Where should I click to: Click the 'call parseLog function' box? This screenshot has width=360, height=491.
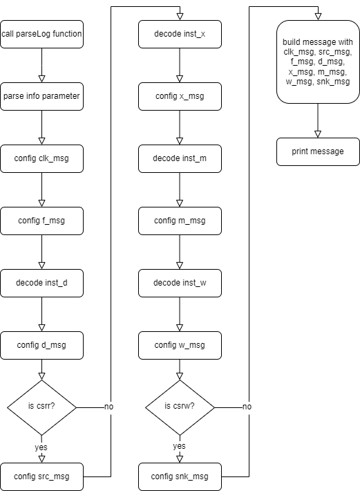click(x=41, y=34)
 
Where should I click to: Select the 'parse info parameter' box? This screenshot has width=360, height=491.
click(x=41, y=96)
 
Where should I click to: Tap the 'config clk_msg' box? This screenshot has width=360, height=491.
click(x=41, y=159)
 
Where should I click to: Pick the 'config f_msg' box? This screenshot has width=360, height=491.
click(x=41, y=221)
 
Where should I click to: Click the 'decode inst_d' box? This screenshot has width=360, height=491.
click(x=41, y=283)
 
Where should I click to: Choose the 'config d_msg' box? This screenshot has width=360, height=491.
click(x=41, y=345)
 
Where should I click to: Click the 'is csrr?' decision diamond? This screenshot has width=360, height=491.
click(x=41, y=408)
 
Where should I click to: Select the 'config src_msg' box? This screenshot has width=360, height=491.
click(x=41, y=476)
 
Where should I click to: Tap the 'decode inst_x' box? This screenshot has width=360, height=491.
click(x=180, y=34)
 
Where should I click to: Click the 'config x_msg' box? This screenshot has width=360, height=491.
click(x=180, y=96)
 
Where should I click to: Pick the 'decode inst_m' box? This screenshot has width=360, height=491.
click(x=180, y=159)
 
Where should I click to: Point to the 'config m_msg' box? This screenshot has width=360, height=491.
click(x=180, y=221)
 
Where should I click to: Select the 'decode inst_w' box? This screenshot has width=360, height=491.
click(x=180, y=283)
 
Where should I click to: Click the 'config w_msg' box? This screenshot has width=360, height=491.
click(x=180, y=345)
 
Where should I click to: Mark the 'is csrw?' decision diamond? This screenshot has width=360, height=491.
click(x=180, y=408)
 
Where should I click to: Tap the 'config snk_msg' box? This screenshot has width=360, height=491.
click(x=180, y=476)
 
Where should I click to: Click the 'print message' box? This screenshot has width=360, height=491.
click(x=318, y=152)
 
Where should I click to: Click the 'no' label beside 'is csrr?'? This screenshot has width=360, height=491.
click(x=109, y=407)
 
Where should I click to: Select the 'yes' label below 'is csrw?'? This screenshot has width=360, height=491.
click(x=179, y=446)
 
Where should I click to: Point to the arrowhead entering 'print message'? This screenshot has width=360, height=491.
click(x=318, y=134)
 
